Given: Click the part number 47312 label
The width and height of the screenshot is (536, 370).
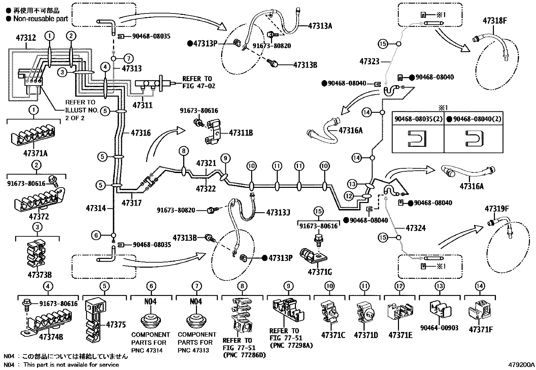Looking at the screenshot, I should [26, 37].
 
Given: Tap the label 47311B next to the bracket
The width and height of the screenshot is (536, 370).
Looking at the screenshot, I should [241, 133].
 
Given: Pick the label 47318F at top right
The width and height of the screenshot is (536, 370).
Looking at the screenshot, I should [495, 20].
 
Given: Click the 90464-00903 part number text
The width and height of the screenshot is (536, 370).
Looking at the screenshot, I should [439, 327].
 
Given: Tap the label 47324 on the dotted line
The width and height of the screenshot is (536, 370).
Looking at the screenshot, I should [416, 228].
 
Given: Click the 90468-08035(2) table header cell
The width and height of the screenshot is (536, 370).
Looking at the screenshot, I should [417, 119].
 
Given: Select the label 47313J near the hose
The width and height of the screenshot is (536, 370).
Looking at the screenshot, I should [278, 212].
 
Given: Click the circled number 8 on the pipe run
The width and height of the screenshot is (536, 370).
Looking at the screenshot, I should [183, 151].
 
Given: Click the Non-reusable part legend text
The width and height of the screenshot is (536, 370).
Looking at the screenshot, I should [40, 19].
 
